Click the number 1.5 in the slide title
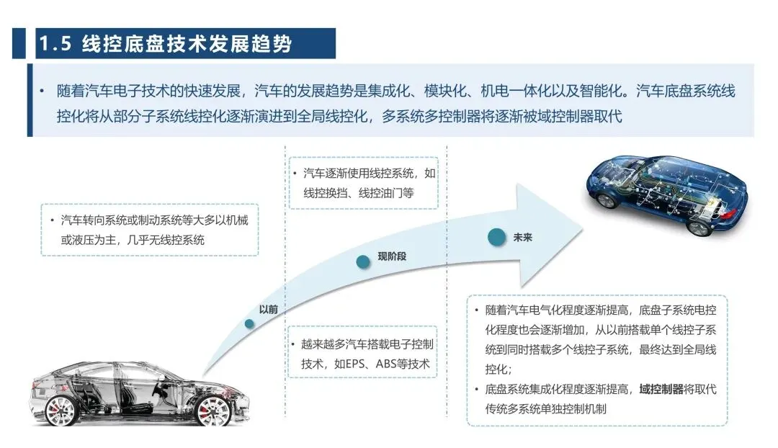55,44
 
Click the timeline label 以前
269,309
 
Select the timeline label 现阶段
392,256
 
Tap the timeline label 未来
523,237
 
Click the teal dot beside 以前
249,323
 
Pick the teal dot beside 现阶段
364,262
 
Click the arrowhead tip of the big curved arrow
581,229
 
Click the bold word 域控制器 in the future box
661,390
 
